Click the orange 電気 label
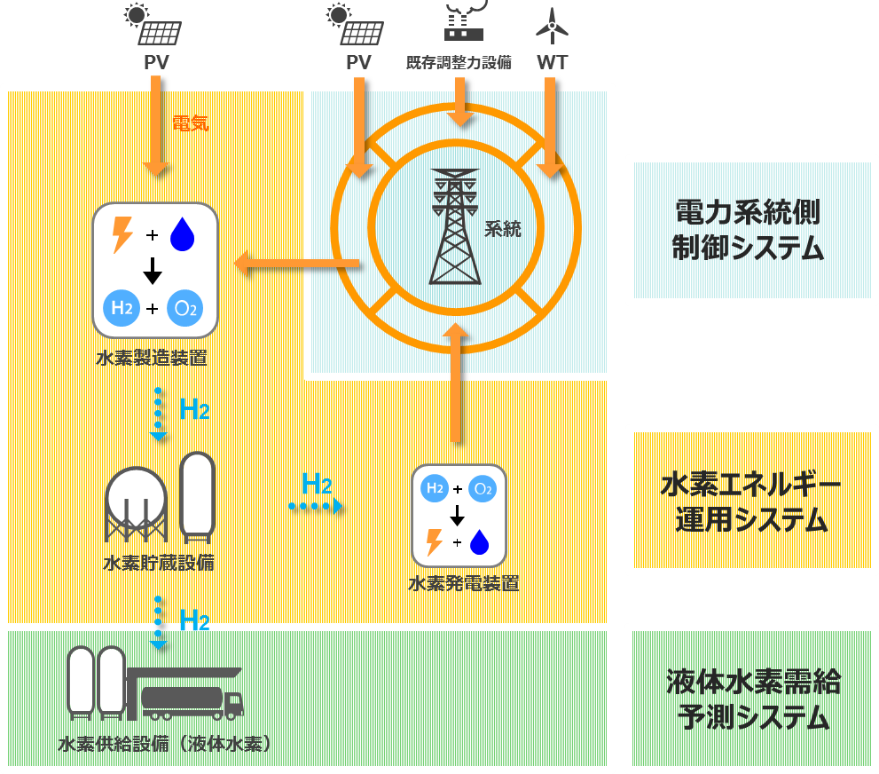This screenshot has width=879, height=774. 190,123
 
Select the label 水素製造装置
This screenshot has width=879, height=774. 153,359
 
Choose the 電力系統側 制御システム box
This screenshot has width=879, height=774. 750,230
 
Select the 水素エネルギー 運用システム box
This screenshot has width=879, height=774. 750,502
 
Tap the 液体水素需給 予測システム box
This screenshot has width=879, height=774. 750,699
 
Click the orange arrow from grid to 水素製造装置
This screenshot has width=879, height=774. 296,263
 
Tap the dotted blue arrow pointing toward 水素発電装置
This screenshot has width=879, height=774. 316,507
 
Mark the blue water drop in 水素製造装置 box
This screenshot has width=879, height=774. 182,235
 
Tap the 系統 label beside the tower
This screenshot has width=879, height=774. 502,229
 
